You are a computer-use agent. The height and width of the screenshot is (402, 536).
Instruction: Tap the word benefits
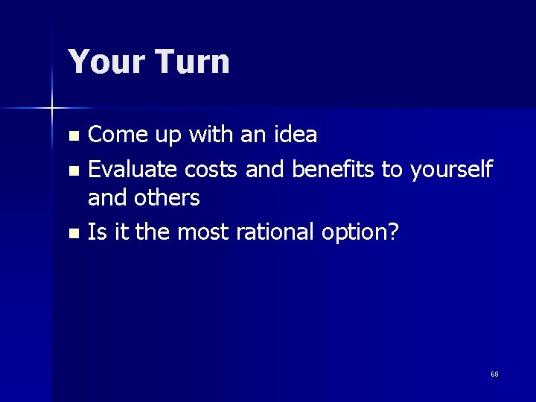click(333, 170)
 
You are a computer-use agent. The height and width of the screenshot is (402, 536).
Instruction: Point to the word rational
click(275, 233)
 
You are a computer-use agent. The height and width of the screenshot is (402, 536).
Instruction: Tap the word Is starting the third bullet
click(96, 233)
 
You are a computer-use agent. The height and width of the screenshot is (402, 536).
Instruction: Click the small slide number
click(494, 374)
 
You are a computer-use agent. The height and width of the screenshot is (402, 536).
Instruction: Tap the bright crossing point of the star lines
click(52, 109)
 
